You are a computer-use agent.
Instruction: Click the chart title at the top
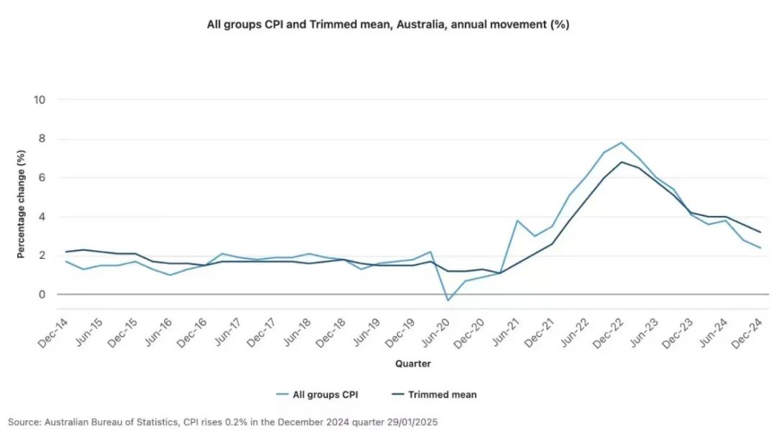coord(388,24)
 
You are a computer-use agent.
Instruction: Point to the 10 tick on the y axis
coord(40,100)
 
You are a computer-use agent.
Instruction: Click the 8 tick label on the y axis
coord(41,139)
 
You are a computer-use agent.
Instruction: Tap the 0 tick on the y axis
coord(41,294)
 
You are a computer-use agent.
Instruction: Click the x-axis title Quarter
coord(413,363)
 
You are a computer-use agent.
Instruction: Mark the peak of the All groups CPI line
coord(621,142)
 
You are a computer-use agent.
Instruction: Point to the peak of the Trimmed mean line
coord(621,162)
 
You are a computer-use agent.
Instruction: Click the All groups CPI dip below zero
coord(448,300)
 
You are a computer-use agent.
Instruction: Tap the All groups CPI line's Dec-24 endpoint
coord(760,248)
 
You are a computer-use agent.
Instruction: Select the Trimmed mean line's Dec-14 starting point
coord(65,252)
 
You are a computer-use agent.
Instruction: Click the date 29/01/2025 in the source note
coord(413,421)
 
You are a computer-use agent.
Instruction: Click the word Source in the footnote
coord(22,421)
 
